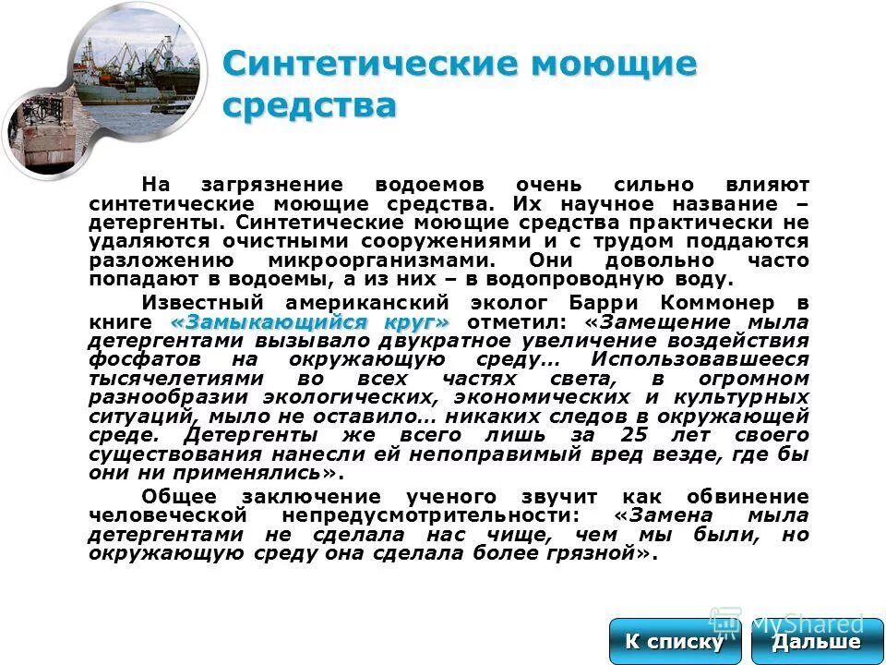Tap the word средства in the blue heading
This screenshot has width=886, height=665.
tap(309, 103)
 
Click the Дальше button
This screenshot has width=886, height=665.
tap(817, 642)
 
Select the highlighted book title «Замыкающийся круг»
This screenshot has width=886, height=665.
tap(311, 321)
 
